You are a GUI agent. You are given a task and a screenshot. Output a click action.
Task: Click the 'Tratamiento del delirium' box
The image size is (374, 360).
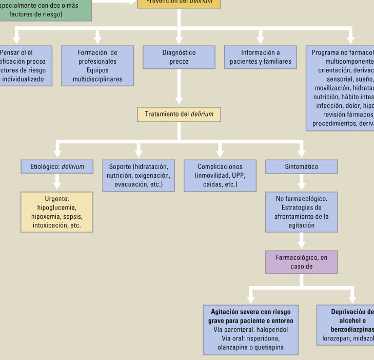179,114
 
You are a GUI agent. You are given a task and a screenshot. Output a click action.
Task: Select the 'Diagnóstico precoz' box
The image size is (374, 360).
179,57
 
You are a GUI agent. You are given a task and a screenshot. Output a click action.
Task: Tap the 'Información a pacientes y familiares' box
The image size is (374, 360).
260,57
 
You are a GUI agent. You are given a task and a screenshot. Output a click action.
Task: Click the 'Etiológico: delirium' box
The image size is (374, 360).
57,166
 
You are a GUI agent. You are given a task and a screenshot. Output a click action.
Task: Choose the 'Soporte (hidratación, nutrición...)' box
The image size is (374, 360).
138,175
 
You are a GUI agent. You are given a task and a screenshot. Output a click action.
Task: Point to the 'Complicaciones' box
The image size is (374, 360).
220,175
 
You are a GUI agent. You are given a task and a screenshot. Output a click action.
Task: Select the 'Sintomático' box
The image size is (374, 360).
301,166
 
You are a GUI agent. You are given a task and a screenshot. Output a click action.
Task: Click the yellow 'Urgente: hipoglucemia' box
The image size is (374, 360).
57,212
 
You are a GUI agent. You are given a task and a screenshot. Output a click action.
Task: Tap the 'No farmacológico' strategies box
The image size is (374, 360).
301,212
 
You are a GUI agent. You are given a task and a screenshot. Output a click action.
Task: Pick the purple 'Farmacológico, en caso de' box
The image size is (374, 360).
301,262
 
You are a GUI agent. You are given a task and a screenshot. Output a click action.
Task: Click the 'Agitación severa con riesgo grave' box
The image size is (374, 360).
250,330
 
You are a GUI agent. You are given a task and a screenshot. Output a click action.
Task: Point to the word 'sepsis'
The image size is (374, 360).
72,216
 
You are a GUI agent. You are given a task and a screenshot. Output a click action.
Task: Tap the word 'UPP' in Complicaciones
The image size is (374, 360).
238,175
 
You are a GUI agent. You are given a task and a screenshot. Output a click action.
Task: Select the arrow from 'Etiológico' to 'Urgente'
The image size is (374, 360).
57,182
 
